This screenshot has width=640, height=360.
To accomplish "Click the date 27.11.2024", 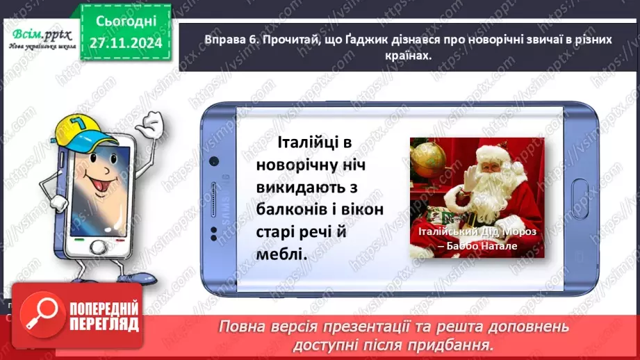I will [x=126, y=43].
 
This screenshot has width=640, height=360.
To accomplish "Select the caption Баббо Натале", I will [x=479, y=247].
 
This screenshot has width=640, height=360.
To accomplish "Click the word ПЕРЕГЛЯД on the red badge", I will [x=103, y=324].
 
